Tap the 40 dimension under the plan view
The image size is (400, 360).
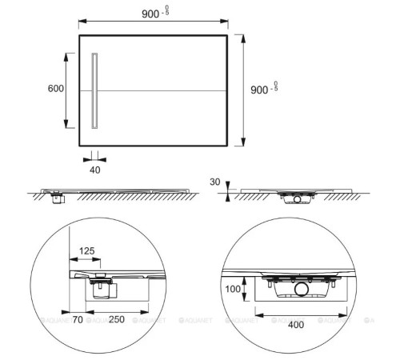(x=95, y=170)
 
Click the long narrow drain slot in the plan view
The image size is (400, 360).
(x=95, y=90)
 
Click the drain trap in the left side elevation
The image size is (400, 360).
(x=57, y=197)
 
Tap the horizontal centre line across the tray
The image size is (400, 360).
(x=160, y=90)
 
